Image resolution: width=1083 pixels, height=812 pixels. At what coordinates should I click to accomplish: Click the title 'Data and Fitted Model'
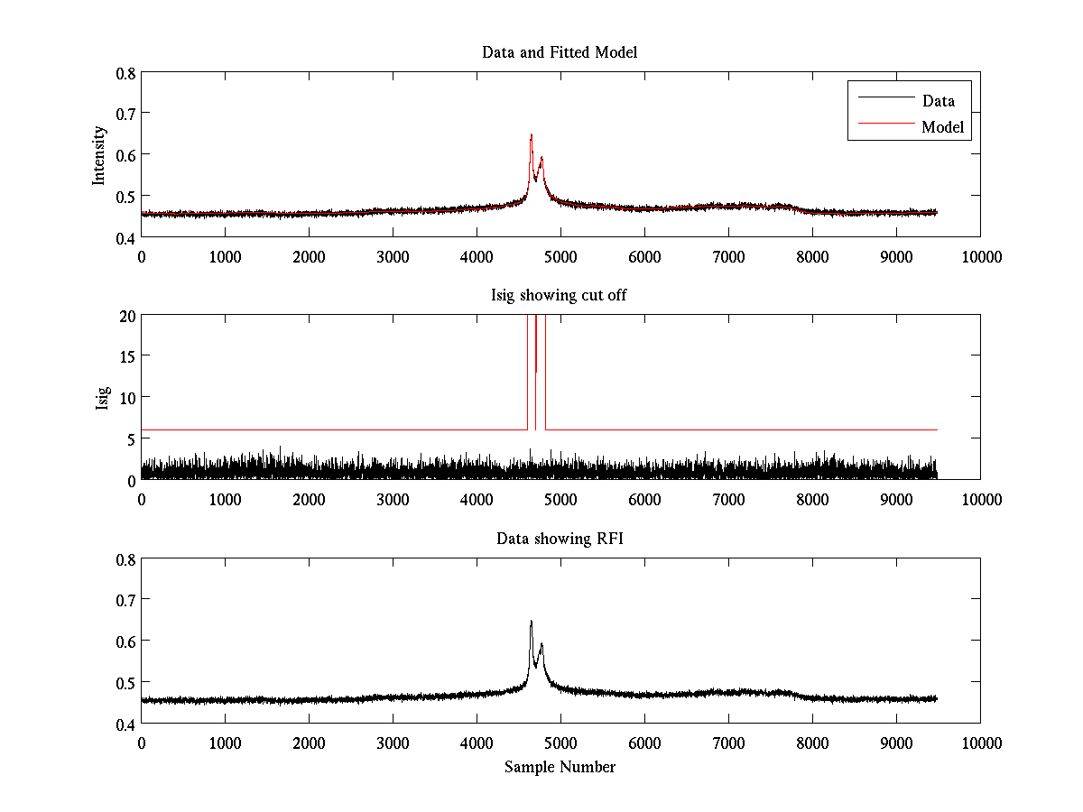click(x=560, y=52)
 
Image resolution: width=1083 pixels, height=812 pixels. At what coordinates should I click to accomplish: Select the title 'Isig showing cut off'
click(x=560, y=296)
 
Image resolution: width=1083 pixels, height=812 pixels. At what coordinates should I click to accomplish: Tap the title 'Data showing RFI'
click(x=560, y=540)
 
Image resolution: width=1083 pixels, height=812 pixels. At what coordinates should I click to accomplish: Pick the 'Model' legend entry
click(x=942, y=127)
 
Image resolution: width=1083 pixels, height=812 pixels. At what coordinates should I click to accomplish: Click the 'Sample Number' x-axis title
click(x=560, y=768)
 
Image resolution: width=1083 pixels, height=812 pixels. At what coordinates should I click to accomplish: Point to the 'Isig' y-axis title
click(x=102, y=398)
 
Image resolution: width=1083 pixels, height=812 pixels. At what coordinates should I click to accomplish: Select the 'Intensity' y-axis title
click(x=100, y=154)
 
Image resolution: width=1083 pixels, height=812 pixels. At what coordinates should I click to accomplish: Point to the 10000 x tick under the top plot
click(x=980, y=256)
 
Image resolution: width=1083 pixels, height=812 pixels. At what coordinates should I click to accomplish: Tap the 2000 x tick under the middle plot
click(x=309, y=500)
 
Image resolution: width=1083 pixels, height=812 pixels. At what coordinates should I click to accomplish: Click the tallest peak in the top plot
click(x=531, y=135)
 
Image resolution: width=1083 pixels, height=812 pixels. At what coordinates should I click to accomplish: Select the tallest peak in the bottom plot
click(x=531, y=622)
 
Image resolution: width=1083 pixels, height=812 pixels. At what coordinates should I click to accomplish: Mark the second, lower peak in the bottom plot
click(x=541, y=644)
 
